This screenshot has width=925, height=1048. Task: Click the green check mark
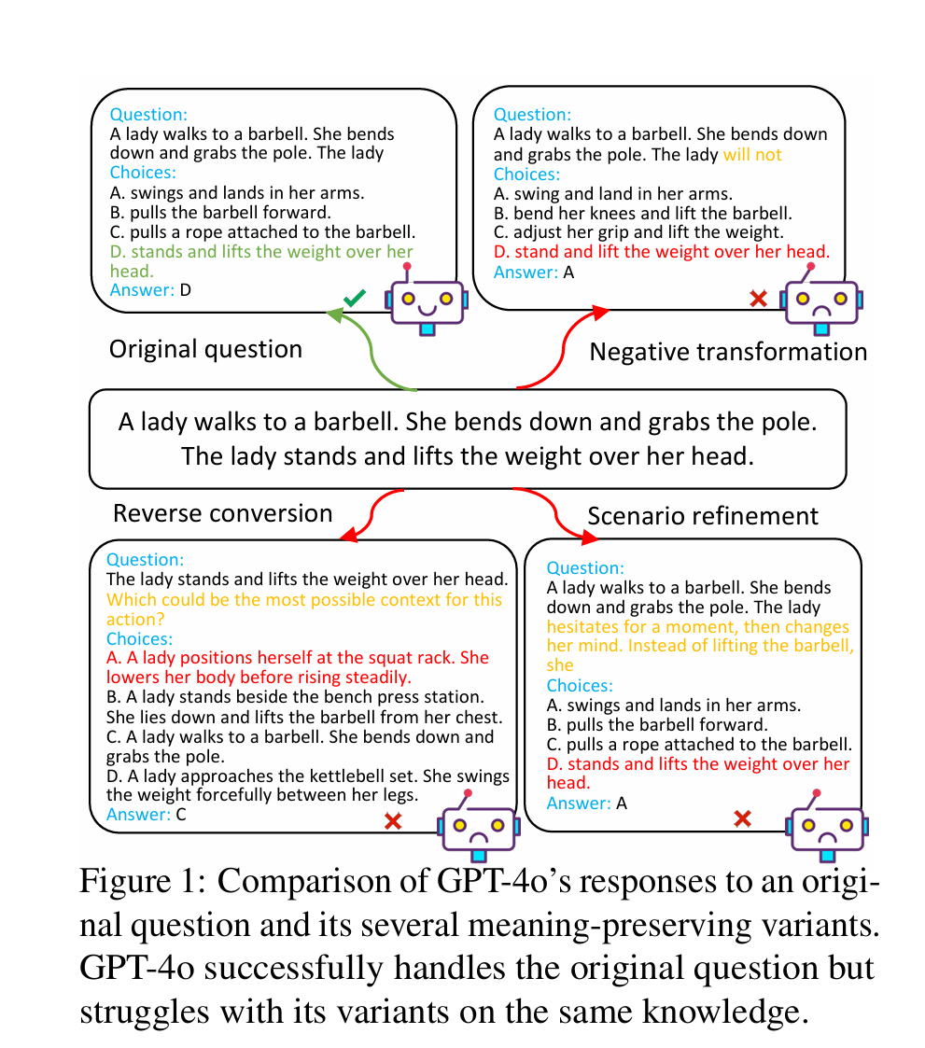pyautogui.click(x=354, y=299)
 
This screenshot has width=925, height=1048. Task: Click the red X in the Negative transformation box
pyautogui.click(x=759, y=299)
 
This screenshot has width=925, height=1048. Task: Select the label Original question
pyautogui.click(x=205, y=350)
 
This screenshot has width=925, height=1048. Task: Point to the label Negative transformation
pyautogui.click(x=728, y=352)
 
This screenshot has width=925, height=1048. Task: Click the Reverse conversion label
pyautogui.click(x=222, y=513)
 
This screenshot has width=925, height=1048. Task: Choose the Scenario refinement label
pyautogui.click(x=703, y=516)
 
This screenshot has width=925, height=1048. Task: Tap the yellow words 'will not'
pyautogui.click(x=752, y=155)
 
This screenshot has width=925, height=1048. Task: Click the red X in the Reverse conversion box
pyautogui.click(x=393, y=821)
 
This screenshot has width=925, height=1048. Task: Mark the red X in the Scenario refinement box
pyautogui.click(x=743, y=818)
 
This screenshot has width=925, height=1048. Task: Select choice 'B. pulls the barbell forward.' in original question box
pyautogui.click(x=219, y=213)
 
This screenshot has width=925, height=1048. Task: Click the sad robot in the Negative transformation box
pyautogui.click(x=821, y=299)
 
